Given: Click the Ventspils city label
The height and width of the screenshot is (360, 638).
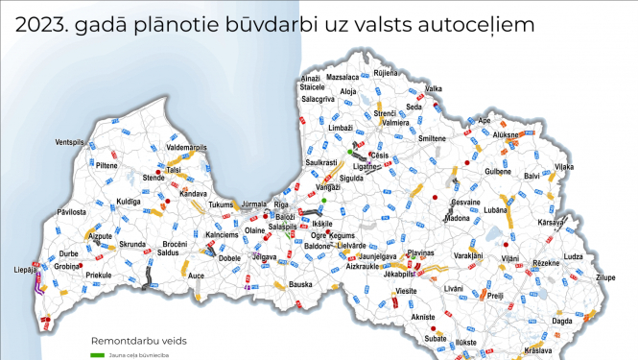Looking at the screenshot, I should (x=71, y=142).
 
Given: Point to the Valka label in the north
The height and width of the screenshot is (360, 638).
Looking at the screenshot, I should (x=434, y=88).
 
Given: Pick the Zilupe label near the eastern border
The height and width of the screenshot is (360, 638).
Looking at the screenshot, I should (x=605, y=277).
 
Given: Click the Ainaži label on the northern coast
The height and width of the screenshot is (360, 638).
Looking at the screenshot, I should (x=311, y=77).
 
